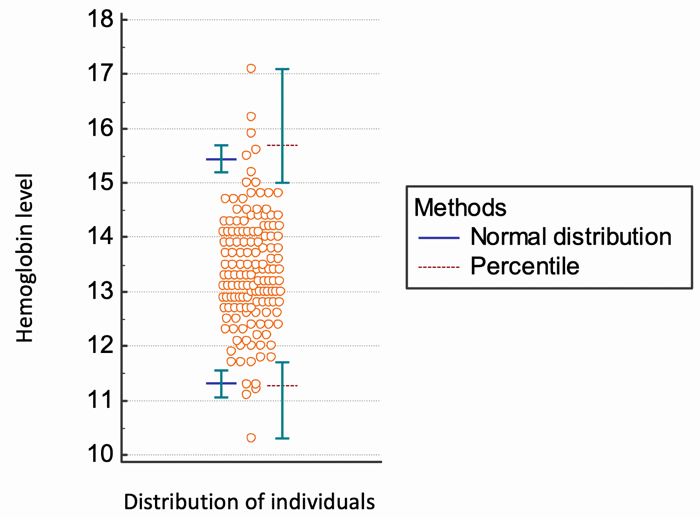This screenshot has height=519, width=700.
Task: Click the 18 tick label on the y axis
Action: pos(101,20)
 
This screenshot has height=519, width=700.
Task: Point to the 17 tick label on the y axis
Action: pos(101,73)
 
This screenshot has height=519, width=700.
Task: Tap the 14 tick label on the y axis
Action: pos(101,237)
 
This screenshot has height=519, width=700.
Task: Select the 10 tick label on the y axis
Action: pos(101,454)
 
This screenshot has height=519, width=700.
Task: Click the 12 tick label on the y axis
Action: pos(101,346)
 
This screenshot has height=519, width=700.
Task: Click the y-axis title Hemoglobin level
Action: pos(25,259)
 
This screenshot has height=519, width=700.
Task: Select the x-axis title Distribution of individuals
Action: pos(249,502)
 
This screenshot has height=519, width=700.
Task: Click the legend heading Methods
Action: pos(460,207)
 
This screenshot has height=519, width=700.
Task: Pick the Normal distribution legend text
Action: pos(571,237)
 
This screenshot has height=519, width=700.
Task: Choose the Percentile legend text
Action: pos(525,266)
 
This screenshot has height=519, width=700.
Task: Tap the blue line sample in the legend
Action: pos(439,238)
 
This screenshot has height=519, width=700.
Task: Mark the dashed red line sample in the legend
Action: pos(439,267)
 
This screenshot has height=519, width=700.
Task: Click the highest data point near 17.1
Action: pos(251,68)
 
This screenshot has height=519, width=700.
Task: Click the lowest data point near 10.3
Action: pos(251,438)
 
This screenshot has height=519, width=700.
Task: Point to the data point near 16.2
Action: pos(251,116)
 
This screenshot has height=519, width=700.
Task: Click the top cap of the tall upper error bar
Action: pos(282,69)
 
